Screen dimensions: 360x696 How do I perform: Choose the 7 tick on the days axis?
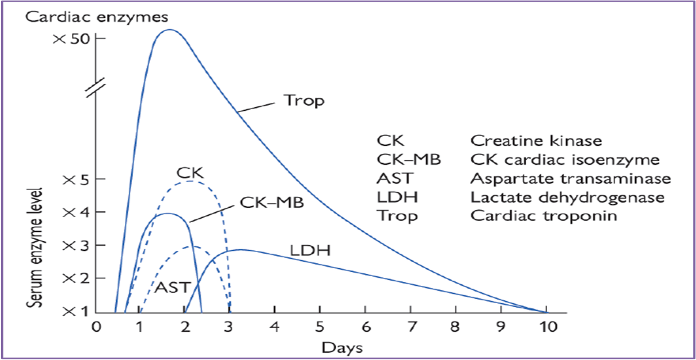[410, 327]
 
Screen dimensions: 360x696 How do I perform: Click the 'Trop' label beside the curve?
[304, 102]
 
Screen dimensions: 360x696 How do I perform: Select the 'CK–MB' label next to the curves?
[272, 202]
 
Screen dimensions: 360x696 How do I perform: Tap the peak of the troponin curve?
[168, 30]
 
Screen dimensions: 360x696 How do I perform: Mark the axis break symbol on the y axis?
[96, 89]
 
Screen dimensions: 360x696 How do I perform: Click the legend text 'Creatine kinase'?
[536, 141]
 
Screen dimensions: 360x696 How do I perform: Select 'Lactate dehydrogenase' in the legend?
[567, 197]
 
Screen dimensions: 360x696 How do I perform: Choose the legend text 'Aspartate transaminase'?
[571, 178]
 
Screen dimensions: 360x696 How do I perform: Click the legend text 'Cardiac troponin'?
[544, 216]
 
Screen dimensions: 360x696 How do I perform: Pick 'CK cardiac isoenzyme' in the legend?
[564, 160]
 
